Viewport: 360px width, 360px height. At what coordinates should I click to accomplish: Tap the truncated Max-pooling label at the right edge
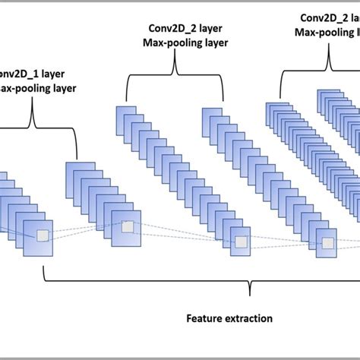(327, 33)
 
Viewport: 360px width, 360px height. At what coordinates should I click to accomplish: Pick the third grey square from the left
(241, 242)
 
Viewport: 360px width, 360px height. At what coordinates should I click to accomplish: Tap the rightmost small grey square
(328, 244)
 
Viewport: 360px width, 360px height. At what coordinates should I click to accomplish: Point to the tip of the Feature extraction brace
(250, 291)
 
